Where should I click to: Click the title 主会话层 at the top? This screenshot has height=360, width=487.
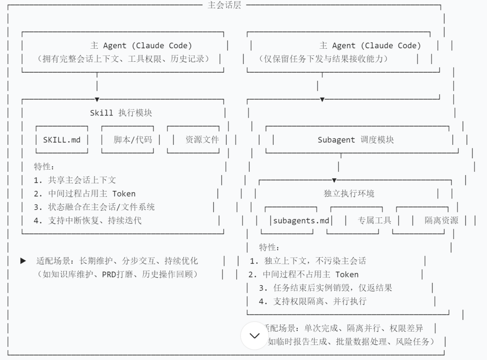pyautogui.click(x=225, y=5)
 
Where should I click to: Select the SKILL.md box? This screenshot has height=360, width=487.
pyautogui.click(x=62, y=140)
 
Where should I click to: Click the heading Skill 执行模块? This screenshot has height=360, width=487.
pyautogui.click(x=121, y=113)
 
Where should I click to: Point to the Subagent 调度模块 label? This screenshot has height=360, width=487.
pyautogui.click(x=356, y=140)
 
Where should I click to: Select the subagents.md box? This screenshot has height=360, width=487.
pyautogui.click(x=301, y=221)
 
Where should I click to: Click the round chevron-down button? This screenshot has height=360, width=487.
pyautogui.click(x=255, y=336)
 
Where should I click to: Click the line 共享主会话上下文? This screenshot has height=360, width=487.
pyautogui.click(x=82, y=180)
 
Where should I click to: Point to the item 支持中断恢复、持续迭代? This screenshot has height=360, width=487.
pyautogui.click(x=95, y=221)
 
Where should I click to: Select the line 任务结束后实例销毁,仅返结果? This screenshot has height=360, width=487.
pyautogui.click(x=332, y=288)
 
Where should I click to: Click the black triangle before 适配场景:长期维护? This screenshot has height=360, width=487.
pyautogui.click(x=23, y=261)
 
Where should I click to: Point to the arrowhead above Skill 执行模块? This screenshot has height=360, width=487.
pyautogui.click(x=97, y=99)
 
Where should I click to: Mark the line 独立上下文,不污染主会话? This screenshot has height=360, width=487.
pyautogui.click(x=315, y=261)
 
